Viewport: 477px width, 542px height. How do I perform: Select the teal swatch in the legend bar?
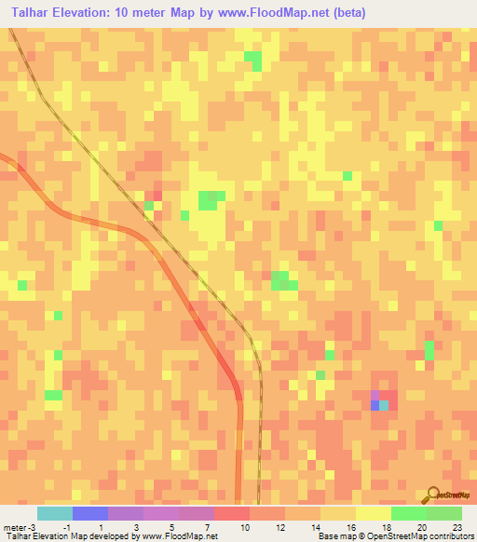(x=54, y=513)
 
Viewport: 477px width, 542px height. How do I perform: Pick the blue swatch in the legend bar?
(x=89, y=513)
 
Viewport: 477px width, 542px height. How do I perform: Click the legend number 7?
(x=207, y=527)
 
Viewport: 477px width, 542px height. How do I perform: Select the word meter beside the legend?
(x=13, y=527)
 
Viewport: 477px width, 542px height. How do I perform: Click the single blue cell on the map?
(x=375, y=405)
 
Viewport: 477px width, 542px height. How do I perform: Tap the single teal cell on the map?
(x=384, y=405)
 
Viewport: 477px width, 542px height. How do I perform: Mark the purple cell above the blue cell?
(x=375, y=395)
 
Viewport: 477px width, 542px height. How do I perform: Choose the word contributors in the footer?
(x=451, y=536)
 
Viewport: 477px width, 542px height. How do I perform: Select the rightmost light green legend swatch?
(x=443, y=513)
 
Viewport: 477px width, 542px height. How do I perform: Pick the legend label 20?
(x=423, y=527)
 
